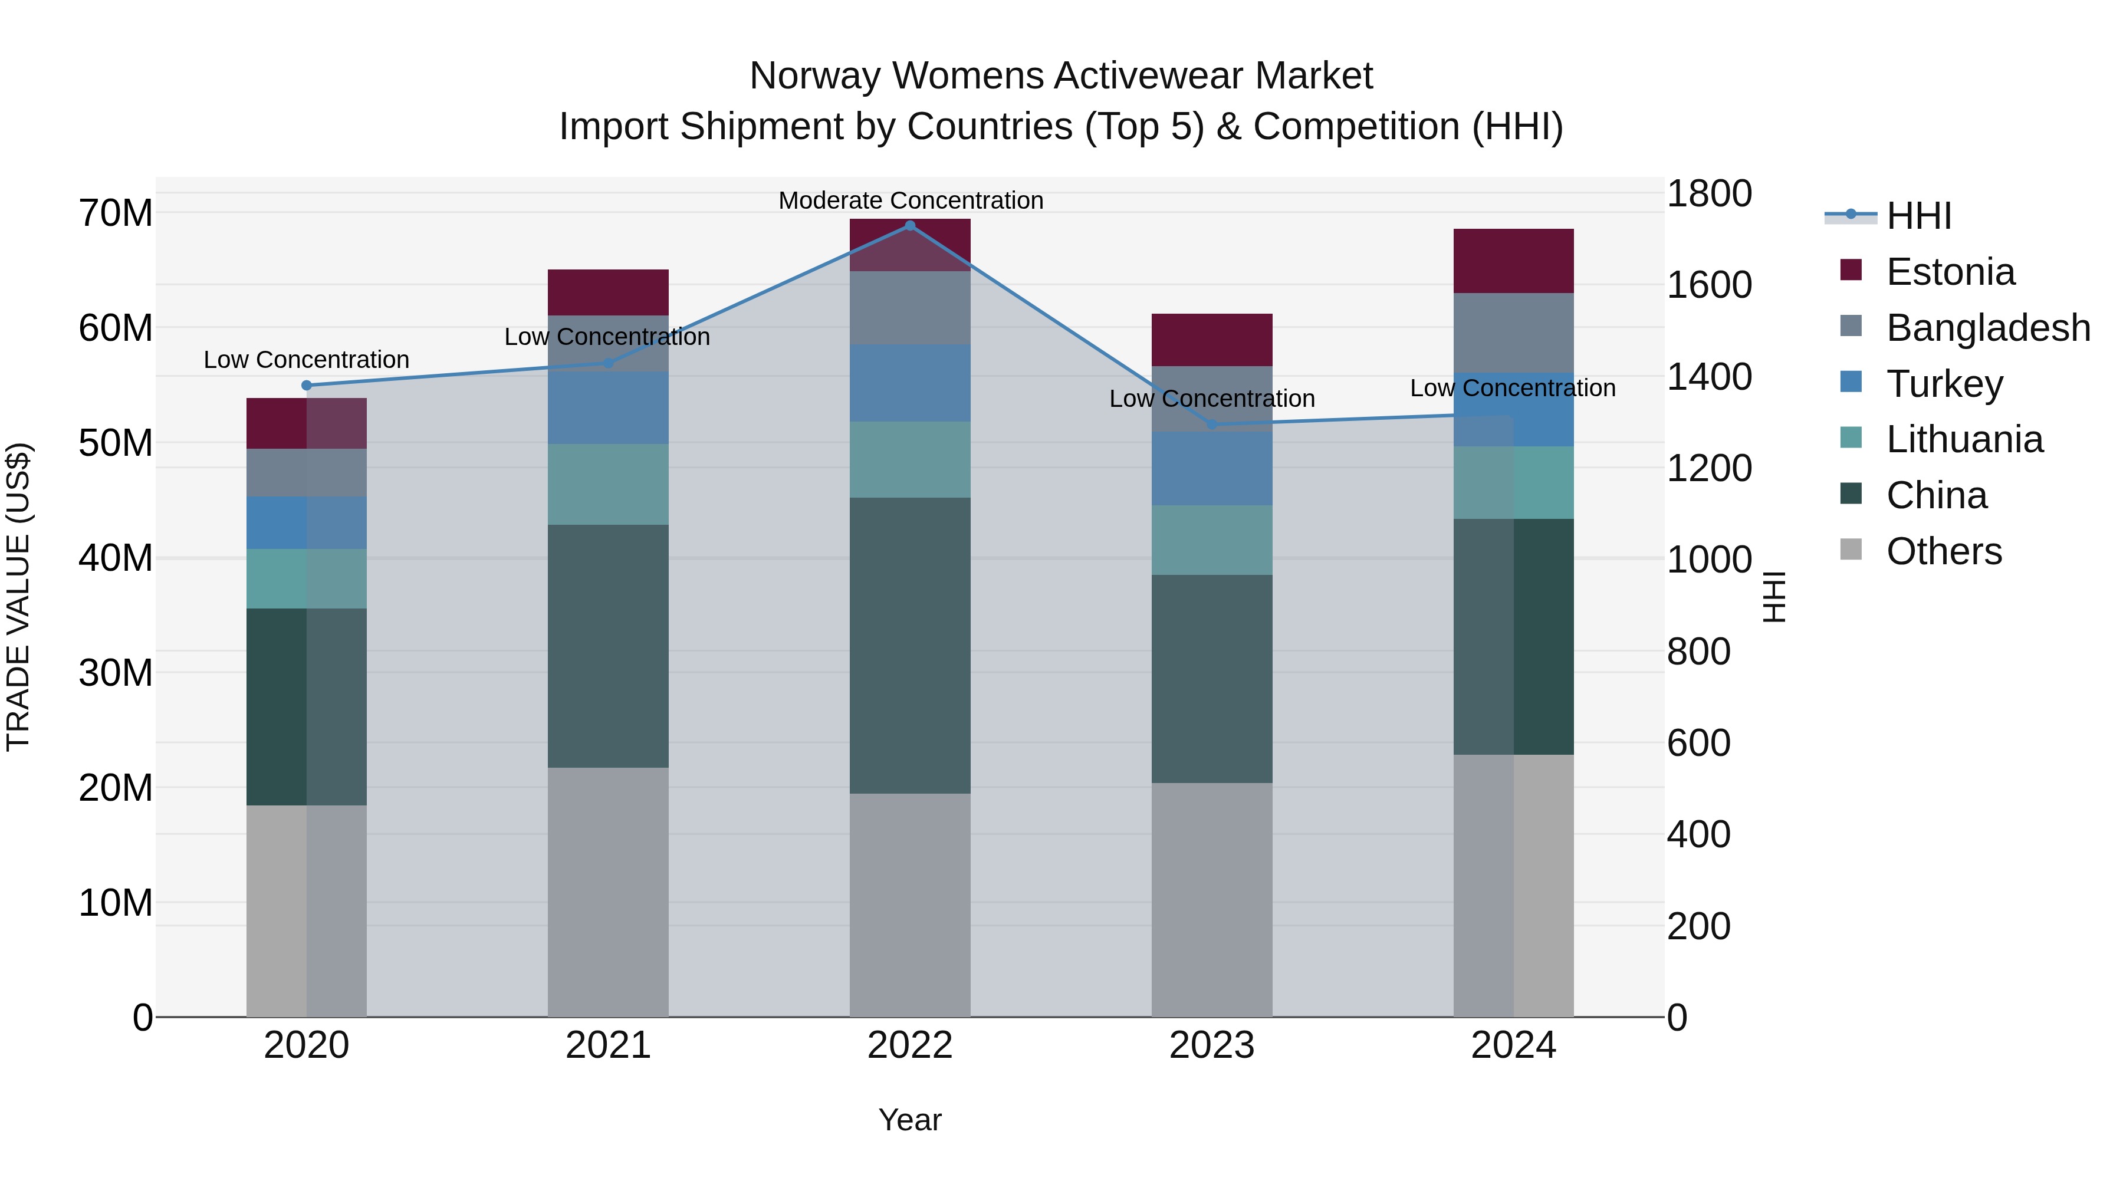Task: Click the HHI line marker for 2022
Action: coord(910,226)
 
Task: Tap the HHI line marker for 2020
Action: coord(307,385)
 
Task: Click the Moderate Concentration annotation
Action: coord(911,200)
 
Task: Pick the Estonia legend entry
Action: coord(1950,272)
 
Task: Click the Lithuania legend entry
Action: coord(1964,440)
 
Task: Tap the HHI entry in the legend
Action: coord(1918,216)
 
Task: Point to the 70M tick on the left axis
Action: coord(116,213)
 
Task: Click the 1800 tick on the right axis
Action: coord(1708,195)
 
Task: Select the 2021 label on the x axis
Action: coord(608,1045)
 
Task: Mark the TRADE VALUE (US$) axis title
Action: coord(18,597)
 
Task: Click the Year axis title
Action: coord(910,1120)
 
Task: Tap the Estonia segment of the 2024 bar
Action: coord(1513,261)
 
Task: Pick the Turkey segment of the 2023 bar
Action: coord(1211,468)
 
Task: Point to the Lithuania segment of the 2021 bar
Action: coord(608,485)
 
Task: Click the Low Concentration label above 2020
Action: coord(307,360)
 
